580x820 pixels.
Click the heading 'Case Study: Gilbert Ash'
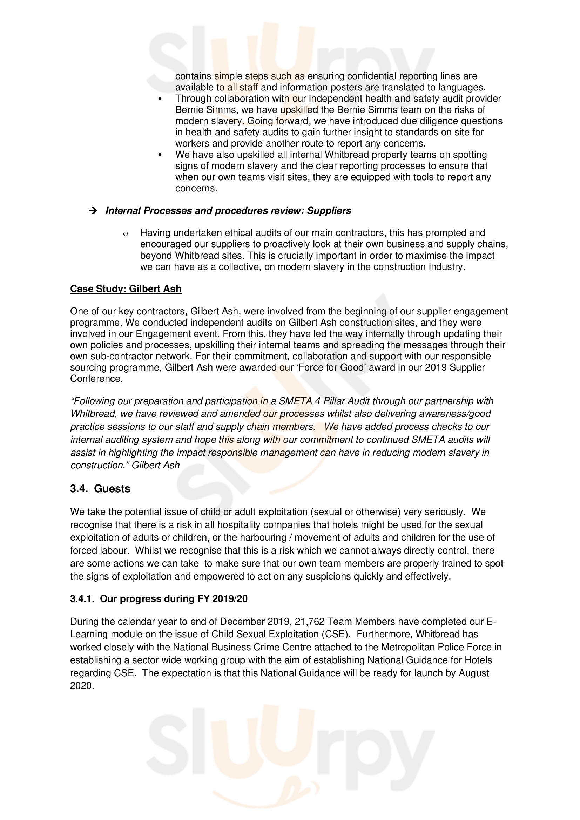click(126, 289)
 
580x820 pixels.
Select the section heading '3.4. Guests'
click(100, 489)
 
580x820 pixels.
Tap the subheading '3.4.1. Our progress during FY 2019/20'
click(159, 598)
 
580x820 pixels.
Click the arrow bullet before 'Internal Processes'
click(93, 211)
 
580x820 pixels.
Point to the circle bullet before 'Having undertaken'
click(125, 233)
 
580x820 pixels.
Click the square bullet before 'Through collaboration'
click(160, 99)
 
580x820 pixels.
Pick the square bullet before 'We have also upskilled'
click(160, 155)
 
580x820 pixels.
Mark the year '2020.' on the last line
click(82, 686)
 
